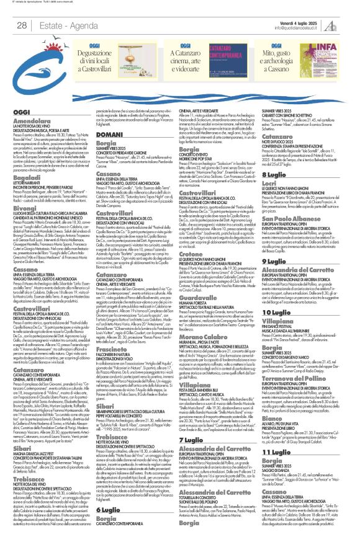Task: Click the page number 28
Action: point(21,25)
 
